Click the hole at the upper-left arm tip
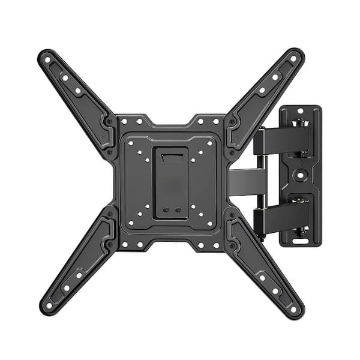coord(47,59)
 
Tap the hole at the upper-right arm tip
coord(294,59)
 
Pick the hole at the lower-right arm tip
coord(294,310)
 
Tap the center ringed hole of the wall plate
coord(300,176)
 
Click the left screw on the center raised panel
coord(166,211)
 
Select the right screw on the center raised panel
coord(178,211)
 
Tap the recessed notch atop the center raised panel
coord(172,158)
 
